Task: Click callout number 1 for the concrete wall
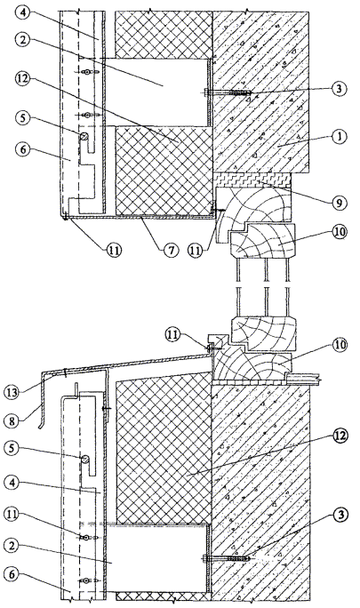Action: click(x=339, y=137)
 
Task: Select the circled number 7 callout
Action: click(x=171, y=250)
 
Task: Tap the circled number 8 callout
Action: click(x=12, y=420)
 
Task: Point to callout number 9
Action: click(x=339, y=204)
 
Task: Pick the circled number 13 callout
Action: click(x=13, y=392)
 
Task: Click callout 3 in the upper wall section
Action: click(x=339, y=88)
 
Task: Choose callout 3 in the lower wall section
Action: click(x=339, y=516)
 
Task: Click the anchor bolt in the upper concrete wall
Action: click(x=228, y=92)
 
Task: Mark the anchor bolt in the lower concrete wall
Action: click(x=228, y=558)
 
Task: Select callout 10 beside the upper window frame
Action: click(x=338, y=232)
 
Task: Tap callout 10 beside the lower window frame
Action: click(x=338, y=344)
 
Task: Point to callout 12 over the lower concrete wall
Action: click(x=339, y=436)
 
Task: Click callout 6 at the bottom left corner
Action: click(x=12, y=574)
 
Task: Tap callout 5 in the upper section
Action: click(x=23, y=118)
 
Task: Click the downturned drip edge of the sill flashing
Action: click(x=43, y=414)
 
